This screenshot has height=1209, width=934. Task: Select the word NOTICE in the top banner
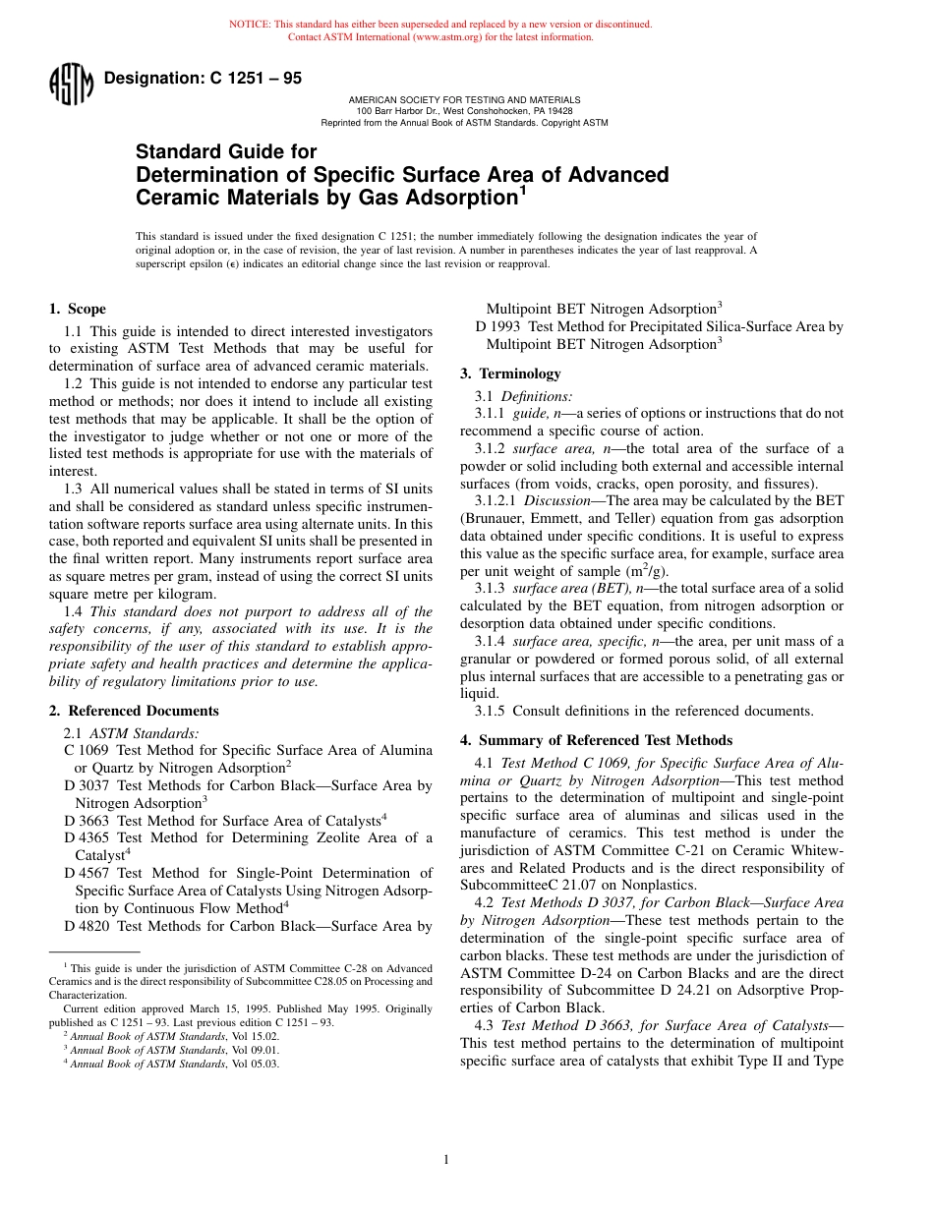pyautogui.click(x=250, y=24)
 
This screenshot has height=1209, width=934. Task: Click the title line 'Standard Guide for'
pyautogui.click(x=226, y=152)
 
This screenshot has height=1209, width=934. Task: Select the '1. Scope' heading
pyautogui.click(x=78, y=309)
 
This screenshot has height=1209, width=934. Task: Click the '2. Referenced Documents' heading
pyautogui.click(x=134, y=711)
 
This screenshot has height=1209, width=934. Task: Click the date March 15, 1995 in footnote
pyautogui.click(x=218, y=1008)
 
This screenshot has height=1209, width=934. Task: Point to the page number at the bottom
pyautogui.click(x=445, y=1160)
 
